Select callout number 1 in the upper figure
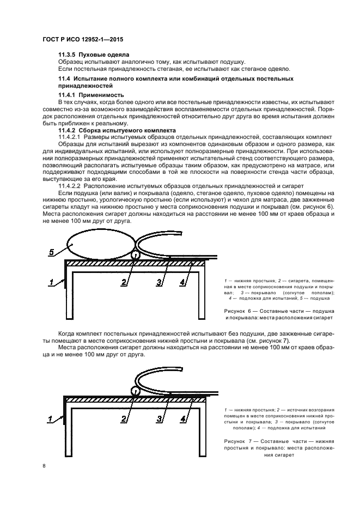52,282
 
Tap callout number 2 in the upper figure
124,282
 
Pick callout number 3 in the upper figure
160,282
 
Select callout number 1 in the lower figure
52,419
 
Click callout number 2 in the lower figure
124,419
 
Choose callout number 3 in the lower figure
160,419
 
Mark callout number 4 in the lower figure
184,419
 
